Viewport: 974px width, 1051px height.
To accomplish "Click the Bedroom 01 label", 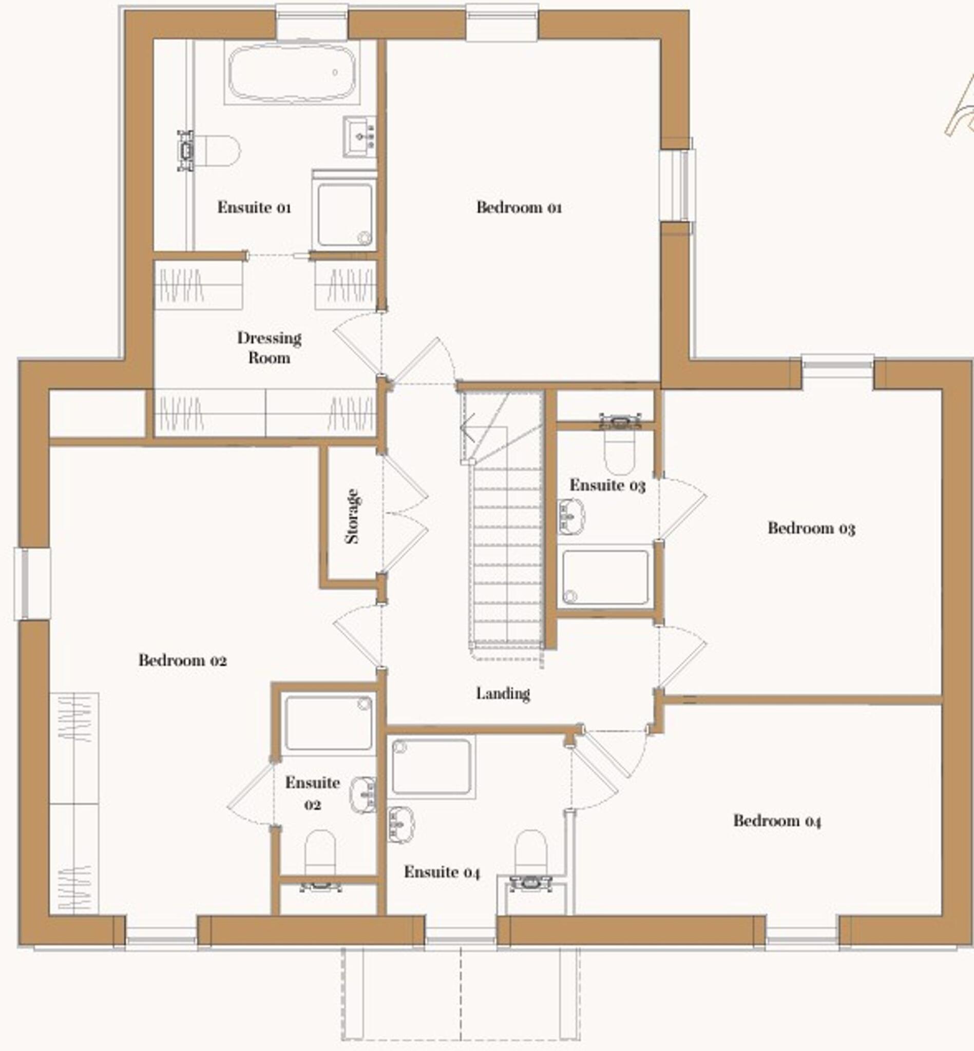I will tap(519, 207).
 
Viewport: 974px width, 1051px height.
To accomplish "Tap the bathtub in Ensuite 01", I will tap(292, 73).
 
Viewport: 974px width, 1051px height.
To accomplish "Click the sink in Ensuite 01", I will tap(360, 137).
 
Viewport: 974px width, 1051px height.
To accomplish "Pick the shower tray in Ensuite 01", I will tap(345, 215).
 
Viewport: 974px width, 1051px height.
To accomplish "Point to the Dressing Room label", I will tap(269, 348).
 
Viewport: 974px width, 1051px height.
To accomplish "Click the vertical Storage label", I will tap(352, 516).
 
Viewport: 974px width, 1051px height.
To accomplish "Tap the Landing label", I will tap(503, 694).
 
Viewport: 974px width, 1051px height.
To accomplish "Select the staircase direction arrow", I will tap(468, 427).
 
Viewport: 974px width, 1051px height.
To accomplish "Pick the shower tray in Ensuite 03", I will tap(605, 577).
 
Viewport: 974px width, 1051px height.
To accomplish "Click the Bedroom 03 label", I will tap(811, 528).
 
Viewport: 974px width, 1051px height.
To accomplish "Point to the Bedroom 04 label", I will tap(777, 820).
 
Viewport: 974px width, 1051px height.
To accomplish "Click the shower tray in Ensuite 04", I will tap(431, 767).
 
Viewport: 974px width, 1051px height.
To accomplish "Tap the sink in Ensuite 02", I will tap(364, 794).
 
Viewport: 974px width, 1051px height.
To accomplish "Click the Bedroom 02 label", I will tap(183, 660).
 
